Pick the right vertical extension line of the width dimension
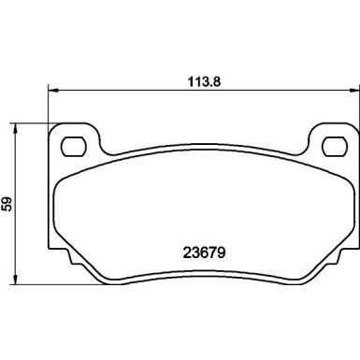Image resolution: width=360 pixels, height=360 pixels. (x=356, y=108)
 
